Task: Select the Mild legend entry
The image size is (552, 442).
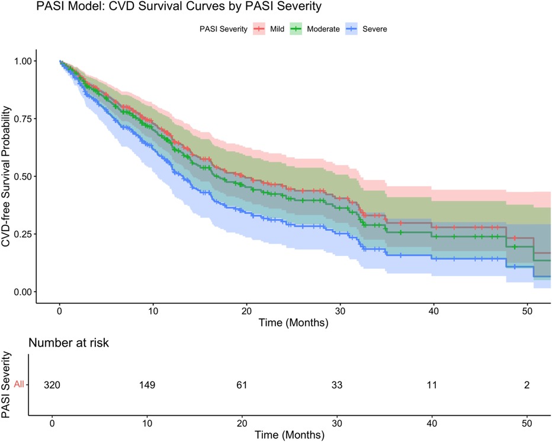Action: [276, 28]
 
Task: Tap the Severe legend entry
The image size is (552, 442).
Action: [374, 28]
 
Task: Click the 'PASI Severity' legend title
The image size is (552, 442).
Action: [223, 28]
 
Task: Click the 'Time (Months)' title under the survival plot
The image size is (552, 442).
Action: [294, 324]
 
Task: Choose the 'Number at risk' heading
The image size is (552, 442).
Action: [70, 342]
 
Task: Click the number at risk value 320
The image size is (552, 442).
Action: [52, 385]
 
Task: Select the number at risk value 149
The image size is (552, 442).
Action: [147, 385]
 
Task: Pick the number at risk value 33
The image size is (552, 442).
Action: [338, 385]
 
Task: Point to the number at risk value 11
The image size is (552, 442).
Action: [432, 385]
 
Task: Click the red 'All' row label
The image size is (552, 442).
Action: [20, 385]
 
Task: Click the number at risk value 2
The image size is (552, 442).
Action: [527, 385]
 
